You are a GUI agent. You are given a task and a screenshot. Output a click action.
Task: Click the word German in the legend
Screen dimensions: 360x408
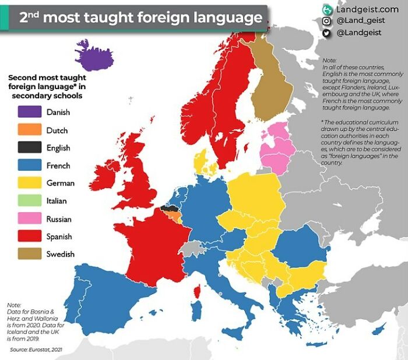coord(61,183)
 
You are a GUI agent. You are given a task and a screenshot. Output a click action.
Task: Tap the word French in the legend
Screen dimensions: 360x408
coord(59,166)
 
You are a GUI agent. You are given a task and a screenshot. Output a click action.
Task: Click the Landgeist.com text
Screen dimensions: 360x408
coord(367,9)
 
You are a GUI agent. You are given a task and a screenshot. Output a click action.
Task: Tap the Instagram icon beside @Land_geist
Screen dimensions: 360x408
coord(327,21)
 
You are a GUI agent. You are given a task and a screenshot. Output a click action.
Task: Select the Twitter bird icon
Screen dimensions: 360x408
coord(327,33)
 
